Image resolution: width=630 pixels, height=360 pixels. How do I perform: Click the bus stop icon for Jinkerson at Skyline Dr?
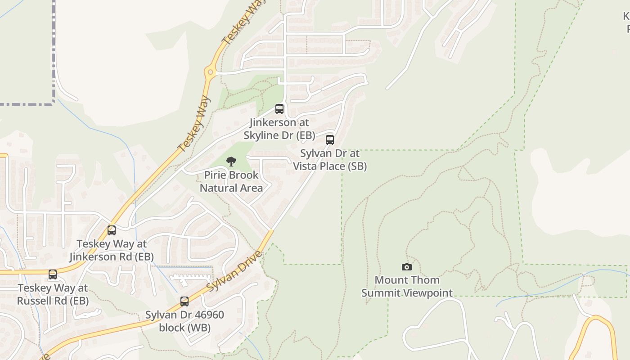click(279, 109)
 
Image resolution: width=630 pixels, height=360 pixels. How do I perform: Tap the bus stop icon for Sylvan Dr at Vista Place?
click(330, 140)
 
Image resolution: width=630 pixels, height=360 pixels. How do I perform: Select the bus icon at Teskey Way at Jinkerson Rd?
click(112, 230)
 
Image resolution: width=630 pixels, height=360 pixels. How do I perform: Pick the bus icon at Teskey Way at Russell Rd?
click(53, 274)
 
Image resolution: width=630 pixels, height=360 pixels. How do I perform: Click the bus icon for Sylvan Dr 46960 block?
click(184, 301)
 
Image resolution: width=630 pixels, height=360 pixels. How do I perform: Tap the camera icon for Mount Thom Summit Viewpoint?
click(407, 267)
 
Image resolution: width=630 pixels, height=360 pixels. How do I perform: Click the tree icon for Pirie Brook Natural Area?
click(231, 162)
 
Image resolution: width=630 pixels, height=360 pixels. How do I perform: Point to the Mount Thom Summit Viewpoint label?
click(407, 287)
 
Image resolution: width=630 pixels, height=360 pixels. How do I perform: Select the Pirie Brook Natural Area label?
click(231, 181)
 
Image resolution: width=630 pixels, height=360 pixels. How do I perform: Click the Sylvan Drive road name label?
click(234, 270)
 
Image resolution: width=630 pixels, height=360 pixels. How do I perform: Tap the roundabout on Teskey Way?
click(210, 71)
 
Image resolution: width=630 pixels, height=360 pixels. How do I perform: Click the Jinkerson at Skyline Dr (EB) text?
click(279, 129)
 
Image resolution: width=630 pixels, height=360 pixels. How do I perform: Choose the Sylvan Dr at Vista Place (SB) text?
click(330, 160)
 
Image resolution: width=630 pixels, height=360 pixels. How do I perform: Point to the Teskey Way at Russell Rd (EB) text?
click(53, 294)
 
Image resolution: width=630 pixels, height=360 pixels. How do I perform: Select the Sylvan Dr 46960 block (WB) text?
click(184, 321)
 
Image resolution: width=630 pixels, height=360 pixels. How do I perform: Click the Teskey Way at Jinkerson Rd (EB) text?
click(112, 250)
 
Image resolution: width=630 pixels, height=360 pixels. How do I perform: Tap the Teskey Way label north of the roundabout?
click(239, 22)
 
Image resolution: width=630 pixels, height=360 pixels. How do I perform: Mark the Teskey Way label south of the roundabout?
click(194, 123)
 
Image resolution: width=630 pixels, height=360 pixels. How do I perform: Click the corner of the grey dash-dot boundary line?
click(54, 104)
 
